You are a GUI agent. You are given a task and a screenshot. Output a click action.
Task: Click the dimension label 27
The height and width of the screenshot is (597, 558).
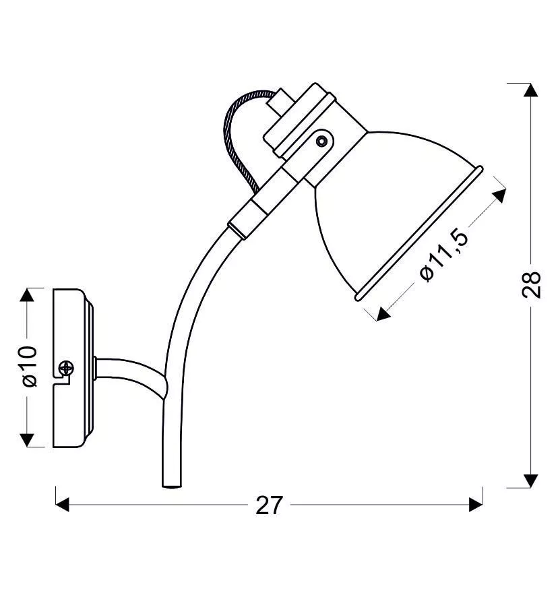tap(270, 505)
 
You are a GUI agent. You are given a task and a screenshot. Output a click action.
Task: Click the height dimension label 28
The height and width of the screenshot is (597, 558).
tap(531, 284)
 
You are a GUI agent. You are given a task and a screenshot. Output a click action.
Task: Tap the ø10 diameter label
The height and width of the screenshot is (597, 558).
tap(30, 367)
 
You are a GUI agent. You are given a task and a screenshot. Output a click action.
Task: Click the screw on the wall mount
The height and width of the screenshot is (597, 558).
tap(66, 368)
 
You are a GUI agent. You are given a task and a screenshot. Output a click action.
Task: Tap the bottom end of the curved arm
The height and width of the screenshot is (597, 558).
tap(172, 486)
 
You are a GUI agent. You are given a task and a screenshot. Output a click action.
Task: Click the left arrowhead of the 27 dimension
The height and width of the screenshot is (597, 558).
tap(62, 505)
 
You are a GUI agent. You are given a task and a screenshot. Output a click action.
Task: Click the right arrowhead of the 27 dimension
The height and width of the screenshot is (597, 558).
tap(476, 505)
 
